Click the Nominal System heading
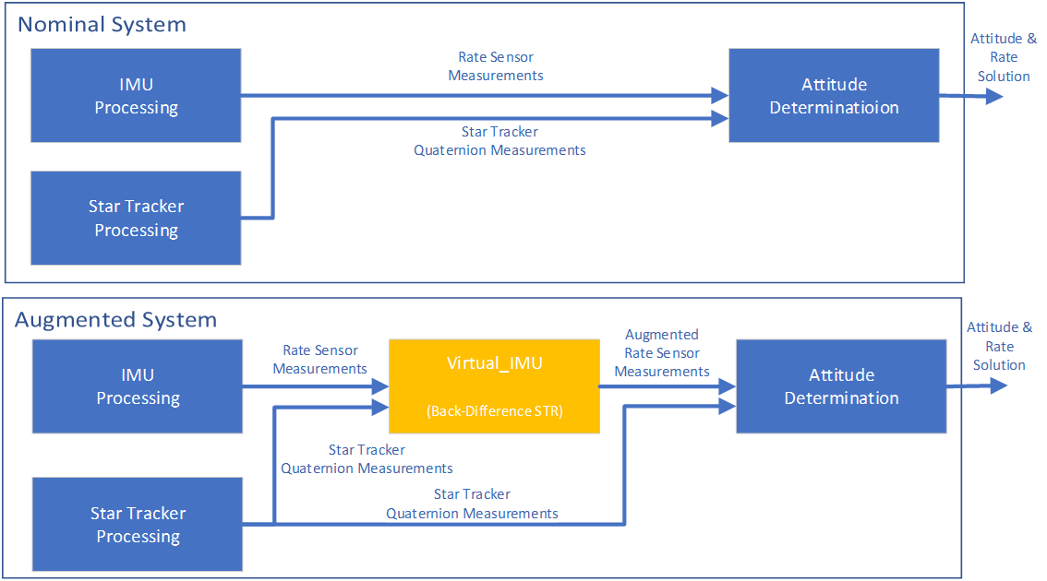pyautogui.click(x=102, y=25)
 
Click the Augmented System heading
pyautogui.click(x=115, y=320)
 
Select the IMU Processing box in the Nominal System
pyautogui.click(x=136, y=96)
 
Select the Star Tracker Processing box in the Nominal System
pyautogui.click(x=136, y=218)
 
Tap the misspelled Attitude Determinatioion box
pyautogui.click(x=834, y=96)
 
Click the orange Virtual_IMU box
pyautogui.click(x=494, y=386)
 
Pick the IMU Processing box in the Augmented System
pyautogui.click(x=138, y=386)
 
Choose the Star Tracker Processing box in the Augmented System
pyautogui.click(x=138, y=524)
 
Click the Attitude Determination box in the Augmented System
pyautogui.click(x=841, y=386)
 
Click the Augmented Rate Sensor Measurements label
pyautogui.click(x=662, y=353)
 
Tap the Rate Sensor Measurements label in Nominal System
pyautogui.click(x=496, y=66)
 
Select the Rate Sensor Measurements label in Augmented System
pyautogui.click(x=320, y=360)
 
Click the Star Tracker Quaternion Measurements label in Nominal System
pyautogui.click(x=499, y=141)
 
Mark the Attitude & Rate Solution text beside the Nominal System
pyautogui.click(x=1004, y=57)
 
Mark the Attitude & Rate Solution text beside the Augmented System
pyautogui.click(x=1000, y=346)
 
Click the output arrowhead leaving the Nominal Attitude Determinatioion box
pyautogui.click(x=994, y=96)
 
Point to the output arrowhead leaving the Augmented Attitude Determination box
pyautogui.click(x=999, y=386)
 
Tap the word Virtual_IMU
pyautogui.click(x=494, y=363)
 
